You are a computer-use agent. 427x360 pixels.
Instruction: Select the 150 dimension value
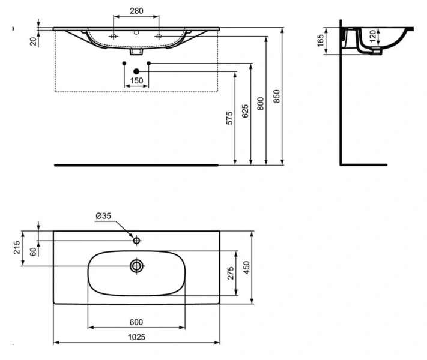(136, 81)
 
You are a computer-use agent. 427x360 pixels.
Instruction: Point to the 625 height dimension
(245, 112)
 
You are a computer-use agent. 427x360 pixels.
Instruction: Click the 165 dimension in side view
(321, 41)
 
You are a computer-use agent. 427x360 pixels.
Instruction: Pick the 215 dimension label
(16, 248)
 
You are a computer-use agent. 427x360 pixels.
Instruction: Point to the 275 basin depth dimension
(229, 274)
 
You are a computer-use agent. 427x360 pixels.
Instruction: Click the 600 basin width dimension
(136, 322)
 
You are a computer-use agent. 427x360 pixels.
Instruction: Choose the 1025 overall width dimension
(136, 337)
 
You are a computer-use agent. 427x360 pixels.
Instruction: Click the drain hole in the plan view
(137, 265)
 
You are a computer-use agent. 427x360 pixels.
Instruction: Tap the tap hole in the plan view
(137, 241)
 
